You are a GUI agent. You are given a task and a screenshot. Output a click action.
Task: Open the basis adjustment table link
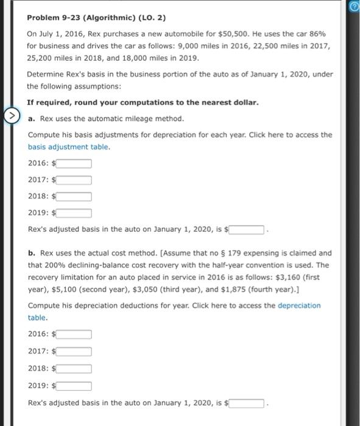click(68, 147)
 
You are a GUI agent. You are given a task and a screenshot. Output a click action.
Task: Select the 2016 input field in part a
click(74, 163)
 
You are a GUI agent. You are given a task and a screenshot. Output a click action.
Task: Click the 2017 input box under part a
click(74, 180)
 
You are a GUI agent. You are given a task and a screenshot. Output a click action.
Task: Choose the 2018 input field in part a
click(74, 196)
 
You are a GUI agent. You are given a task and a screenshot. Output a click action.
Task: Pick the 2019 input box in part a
click(74, 212)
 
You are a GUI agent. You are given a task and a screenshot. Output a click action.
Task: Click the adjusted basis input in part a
click(246, 229)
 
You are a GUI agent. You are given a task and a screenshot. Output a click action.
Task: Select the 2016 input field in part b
click(74, 333)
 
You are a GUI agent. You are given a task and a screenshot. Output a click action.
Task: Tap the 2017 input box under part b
click(74, 351)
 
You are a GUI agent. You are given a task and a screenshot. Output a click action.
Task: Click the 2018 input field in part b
click(74, 368)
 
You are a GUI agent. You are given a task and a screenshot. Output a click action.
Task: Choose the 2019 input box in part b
click(74, 385)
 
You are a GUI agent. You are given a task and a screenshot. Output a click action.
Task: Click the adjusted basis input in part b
click(246, 403)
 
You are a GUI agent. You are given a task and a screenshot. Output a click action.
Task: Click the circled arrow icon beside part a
click(12, 118)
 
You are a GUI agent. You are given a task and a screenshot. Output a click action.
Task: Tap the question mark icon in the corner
click(354, 7)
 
